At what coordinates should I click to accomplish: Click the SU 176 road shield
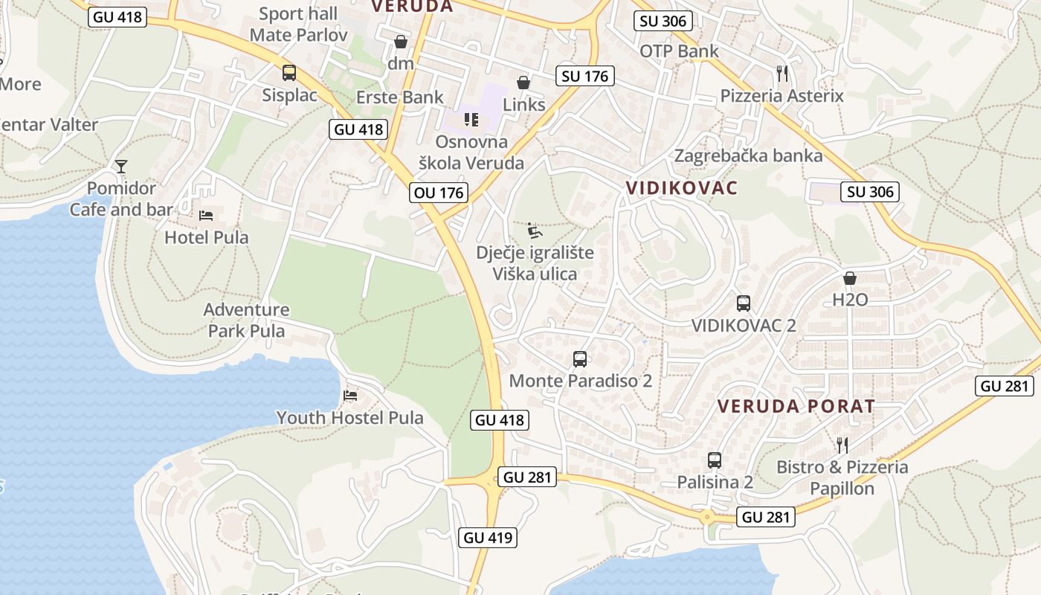[x=585, y=75]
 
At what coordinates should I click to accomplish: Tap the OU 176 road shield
[x=439, y=193]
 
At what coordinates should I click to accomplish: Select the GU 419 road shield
[x=488, y=537]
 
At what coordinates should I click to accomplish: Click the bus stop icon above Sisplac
[x=289, y=73]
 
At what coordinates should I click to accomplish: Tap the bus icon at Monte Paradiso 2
[x=580, y=359]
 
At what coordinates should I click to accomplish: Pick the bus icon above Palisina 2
[x=715, y=460]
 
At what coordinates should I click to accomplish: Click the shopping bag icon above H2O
[x=850, y=278]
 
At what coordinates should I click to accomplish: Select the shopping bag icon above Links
[x=523, y=82]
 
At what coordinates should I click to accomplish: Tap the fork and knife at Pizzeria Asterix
[x=781, y=73]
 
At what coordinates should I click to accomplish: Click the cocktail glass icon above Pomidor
[x=121, y=166]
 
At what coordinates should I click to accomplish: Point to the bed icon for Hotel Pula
[x=206, y=216]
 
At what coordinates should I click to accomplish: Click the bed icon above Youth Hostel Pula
[x=350, y=396]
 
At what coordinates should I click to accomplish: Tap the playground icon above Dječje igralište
[x=534, y=231]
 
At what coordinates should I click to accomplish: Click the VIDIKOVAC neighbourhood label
[x=682, y=187]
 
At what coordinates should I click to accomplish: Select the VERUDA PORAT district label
[x=796, y=406]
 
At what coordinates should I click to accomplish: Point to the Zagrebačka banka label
[x=748, y=155]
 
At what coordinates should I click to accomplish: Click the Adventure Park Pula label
[x=246, y=320]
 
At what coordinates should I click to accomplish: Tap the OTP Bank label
[x=679, y=51]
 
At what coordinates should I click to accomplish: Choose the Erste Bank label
[x=400, y=97]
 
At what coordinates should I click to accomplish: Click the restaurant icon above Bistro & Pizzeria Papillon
[x=842, y=445]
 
